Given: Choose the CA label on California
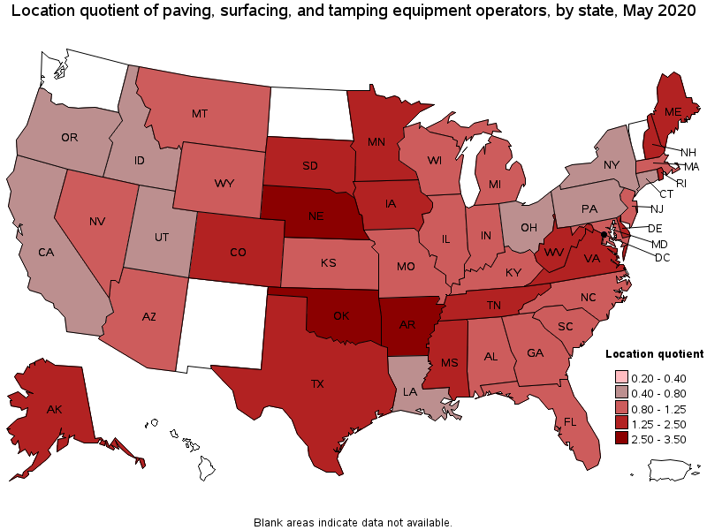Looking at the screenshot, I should point(46,253).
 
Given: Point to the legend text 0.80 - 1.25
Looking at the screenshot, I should point(649,408).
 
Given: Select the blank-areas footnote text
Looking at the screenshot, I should point(353,522).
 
